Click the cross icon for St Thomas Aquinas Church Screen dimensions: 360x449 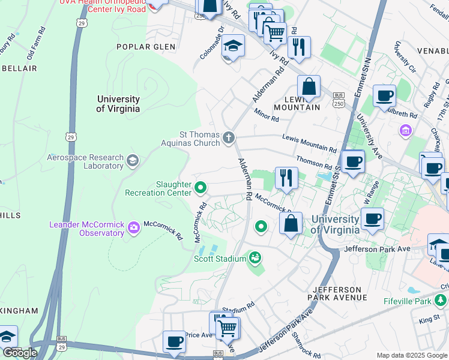point(228,139)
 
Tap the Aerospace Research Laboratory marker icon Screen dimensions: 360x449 point(132,160)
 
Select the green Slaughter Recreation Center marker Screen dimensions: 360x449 point(200,189)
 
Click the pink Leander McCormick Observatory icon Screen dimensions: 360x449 point(133,227)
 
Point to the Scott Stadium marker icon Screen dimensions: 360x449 point(256,258)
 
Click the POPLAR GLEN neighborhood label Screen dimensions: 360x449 point(146,47)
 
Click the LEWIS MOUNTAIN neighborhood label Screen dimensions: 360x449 point(297,103)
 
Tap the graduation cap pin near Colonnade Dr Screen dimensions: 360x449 point(233,47)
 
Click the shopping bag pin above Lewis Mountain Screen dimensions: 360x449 point(309,86)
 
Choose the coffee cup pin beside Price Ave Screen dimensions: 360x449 point(175,341)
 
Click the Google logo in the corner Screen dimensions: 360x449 point(20,353)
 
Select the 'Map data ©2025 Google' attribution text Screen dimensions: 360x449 point(411,355)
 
